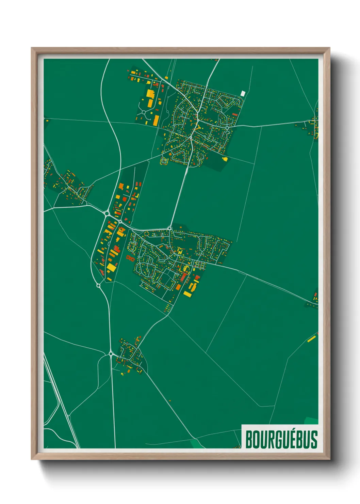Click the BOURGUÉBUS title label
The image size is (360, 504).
[281, 439]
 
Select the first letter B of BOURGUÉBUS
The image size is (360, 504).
[249, 440]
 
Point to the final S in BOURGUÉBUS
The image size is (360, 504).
[314, 440]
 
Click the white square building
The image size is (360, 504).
[243, 93]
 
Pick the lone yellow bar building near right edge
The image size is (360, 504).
[311, 339]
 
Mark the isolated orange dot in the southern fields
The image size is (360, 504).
[170, 401]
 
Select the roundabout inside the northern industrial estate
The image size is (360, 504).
[144, 112]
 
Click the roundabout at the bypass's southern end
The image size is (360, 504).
[98, 285]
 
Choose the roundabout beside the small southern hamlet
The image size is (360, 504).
[111, 354]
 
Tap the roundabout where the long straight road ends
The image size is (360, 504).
[169, 228]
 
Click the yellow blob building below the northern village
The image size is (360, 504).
[225, 159]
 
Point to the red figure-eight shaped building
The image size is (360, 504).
[130, 258]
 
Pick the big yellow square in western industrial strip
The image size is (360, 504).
[112, 267]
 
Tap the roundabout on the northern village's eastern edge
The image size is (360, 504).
[227, 128]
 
